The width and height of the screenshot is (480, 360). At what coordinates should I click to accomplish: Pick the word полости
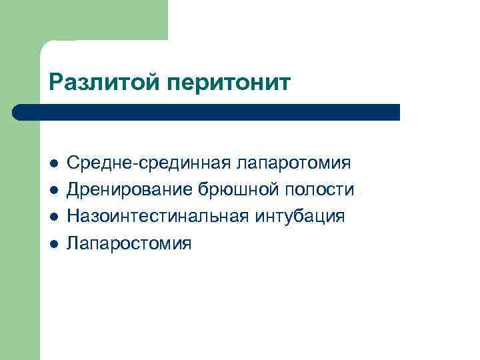coord(319,190)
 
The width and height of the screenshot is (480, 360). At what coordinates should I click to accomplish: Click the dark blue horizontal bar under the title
coord(207,112)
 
